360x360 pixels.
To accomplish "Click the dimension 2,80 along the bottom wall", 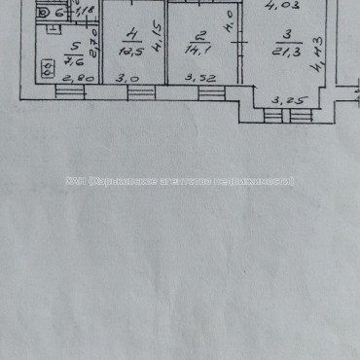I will pos(75,79).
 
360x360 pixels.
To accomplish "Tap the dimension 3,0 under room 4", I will pos(123,78).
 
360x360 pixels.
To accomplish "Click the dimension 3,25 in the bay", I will pos(284,98).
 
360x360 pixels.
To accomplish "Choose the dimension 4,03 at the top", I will pos(289,5).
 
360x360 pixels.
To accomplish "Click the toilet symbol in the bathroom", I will pos(43,14).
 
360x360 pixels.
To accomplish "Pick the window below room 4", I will pos(140,91).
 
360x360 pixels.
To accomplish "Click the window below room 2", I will pos(211,92).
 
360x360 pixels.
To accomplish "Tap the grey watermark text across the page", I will pos(180,181).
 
